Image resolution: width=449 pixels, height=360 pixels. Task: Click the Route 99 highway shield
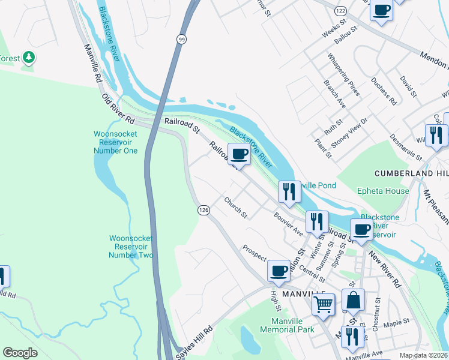tap(181, 39)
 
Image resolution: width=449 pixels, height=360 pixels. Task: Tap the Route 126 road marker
tap(203, 210)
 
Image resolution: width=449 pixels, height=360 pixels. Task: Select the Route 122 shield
tap(340, 11)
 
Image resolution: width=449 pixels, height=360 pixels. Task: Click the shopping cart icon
tap(324, 304)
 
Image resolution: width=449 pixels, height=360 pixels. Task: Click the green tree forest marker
tap(28, 58)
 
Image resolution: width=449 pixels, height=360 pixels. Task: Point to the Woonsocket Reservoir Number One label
tap(115, 142)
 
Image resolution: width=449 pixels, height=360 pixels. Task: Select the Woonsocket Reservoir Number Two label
tap(131, 247)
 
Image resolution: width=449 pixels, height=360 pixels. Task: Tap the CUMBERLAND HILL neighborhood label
tap(412, 173)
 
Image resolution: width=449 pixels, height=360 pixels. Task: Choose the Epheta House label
tap(382, 191)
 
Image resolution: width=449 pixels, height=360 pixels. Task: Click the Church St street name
tap(236, 207)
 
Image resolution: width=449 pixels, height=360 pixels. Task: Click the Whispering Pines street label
tap(343, 74)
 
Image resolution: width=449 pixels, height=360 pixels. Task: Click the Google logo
tap(20, 353)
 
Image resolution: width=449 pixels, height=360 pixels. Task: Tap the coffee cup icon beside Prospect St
tap(279, 271)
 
